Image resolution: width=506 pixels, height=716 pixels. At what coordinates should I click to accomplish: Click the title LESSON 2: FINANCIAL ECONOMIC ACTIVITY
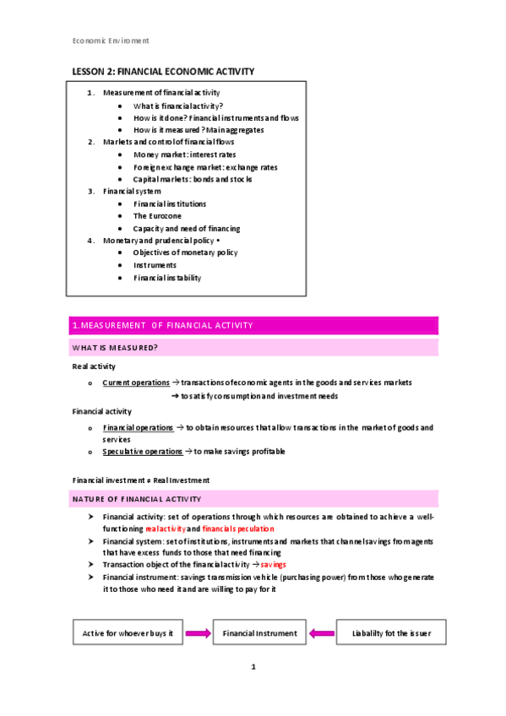click(161, 72)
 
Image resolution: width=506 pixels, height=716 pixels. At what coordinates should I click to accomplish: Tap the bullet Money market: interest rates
click(184, 155)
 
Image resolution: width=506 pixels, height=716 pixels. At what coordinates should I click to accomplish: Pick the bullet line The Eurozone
click(157, 216)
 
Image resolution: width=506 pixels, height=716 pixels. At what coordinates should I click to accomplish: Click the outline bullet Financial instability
click(167, 278)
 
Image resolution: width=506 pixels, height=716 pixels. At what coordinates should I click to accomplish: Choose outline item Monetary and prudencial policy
click(166, 241)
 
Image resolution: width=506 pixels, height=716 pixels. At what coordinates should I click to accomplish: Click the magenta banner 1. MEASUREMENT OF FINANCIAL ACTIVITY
click(253, 325)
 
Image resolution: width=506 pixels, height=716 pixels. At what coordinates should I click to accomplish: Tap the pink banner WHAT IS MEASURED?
click(253, 348)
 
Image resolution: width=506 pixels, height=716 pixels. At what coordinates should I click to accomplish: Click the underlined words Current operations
click(135, 382)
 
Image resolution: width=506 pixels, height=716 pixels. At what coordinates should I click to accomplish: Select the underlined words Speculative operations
click(142, 452)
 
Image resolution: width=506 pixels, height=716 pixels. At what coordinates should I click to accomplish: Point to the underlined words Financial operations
click(138, 428)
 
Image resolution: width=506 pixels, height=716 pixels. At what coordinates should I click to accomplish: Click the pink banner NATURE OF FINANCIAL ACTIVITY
click(253, 500)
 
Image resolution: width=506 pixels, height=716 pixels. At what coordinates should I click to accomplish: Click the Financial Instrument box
click(259, 632)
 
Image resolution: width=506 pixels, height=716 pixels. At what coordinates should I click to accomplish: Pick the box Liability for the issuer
click(392, 632)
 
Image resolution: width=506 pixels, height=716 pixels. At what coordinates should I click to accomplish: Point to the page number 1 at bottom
click(253, 667)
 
